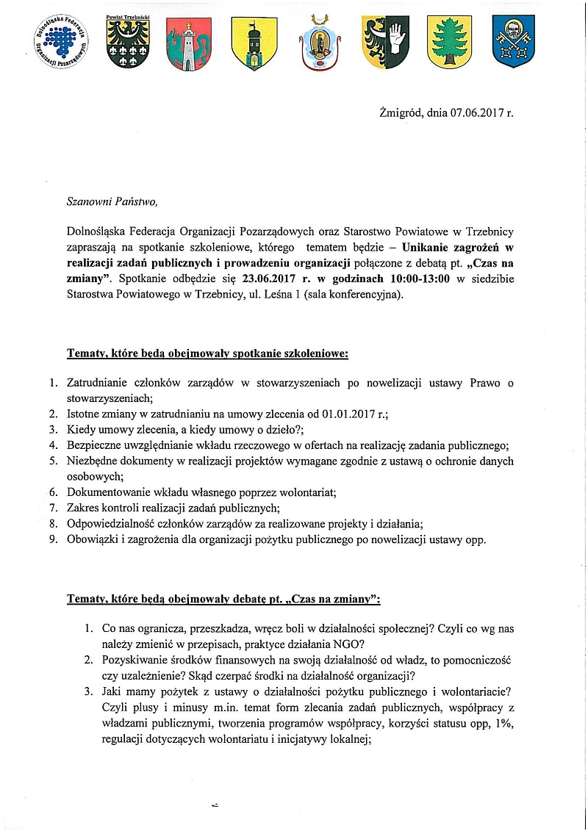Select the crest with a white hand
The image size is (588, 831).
point(385,43)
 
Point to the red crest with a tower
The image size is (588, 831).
point(189,43)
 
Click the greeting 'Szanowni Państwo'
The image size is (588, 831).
point(112,199)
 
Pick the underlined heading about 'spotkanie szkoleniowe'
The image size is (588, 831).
point(207,354)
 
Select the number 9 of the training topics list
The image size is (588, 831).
point(53,539)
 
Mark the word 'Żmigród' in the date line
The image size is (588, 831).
point(401,115)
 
